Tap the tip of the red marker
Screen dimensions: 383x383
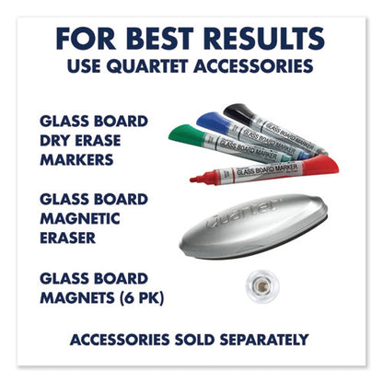(193, 179)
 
